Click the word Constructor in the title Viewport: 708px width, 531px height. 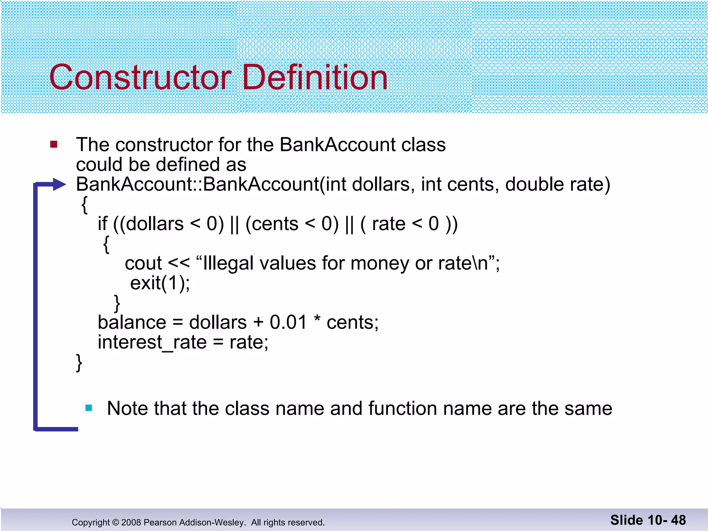[140, 77]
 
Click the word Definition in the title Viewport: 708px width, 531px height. [315, 77]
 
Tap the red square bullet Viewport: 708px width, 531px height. [54, 144]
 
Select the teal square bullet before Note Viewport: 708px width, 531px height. [89, 408]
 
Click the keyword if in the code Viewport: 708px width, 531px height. [102, 224]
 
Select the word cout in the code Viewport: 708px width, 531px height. [143, 263]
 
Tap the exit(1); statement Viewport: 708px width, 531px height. [160, 283]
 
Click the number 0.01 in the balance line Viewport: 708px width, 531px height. [288, 322]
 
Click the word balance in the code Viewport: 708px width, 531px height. [132, 322]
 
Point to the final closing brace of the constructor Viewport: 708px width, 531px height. [79, 363]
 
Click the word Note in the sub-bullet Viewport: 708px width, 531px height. [127, 408]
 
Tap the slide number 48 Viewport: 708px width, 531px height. [678, 520]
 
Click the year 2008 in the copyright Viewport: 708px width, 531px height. [131, 522]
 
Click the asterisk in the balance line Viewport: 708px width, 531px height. [317, 320]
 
